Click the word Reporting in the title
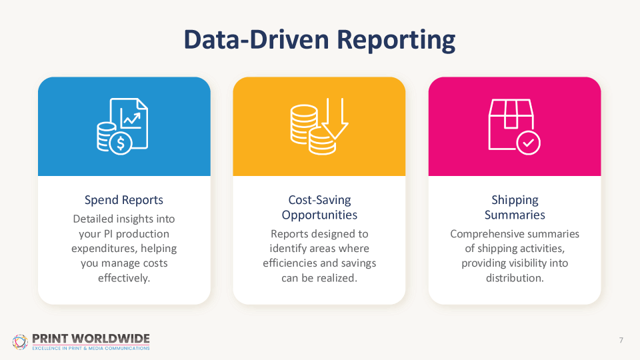tap(395, 41)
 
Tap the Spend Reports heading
tap(124, 200)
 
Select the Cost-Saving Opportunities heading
tap(319, 207)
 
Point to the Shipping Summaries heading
tap(515, 207)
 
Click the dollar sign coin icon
tap(121, 143)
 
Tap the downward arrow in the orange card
tap(335, 119)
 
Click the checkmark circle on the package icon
tap(529, 143)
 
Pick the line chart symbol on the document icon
tap(131, 119)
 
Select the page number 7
tap(621, 340)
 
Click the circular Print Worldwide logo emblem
tap(20, 342)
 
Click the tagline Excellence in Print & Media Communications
tap(91, 348)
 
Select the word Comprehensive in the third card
tap(482, 234)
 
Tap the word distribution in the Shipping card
tap(515, 278)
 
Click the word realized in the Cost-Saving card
tap(339, 278)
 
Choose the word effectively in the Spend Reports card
tap(124, 278)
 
